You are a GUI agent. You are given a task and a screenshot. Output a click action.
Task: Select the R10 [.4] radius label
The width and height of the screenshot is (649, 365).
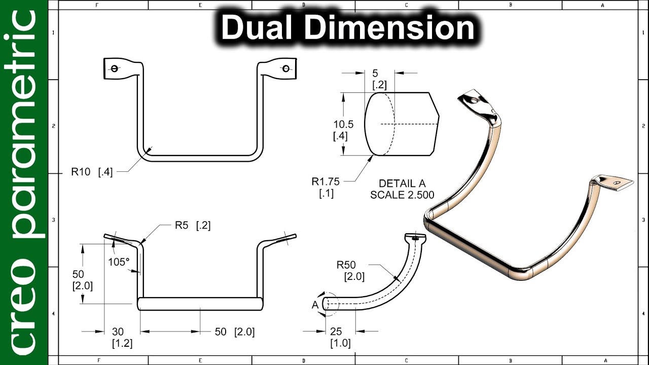(x=92, y=172)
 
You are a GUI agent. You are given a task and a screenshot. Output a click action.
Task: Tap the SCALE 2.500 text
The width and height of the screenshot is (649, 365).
(x=402, y=195)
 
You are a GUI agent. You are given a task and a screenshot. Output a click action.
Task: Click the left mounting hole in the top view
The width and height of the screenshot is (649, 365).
(x=115, y=69)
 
